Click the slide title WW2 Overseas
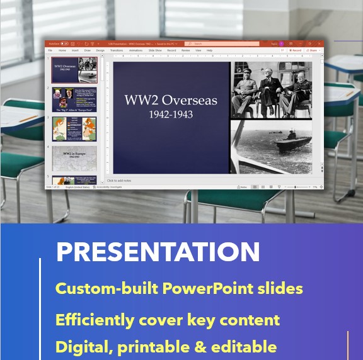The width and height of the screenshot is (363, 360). (171, 101)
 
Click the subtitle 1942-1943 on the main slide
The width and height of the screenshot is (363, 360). (171, 115)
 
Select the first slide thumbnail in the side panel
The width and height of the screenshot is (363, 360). (74, 70)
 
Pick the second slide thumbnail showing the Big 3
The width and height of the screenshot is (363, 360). (74, 99)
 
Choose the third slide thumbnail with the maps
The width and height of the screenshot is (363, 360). (74, 128)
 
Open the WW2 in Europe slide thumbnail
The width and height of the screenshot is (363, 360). (74, 158)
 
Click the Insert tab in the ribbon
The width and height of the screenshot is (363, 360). (75, 50)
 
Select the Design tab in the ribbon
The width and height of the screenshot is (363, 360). (100, 50)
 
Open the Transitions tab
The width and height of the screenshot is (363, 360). (117, 50)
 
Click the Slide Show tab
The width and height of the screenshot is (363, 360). (154, 50)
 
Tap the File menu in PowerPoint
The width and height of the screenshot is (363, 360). (50, 50)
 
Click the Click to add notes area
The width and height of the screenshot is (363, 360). (119, 181)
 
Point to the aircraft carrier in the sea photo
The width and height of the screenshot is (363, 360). (291, 135)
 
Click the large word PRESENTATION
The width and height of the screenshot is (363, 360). (158, 252)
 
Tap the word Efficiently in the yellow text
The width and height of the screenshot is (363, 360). (93, 320)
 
